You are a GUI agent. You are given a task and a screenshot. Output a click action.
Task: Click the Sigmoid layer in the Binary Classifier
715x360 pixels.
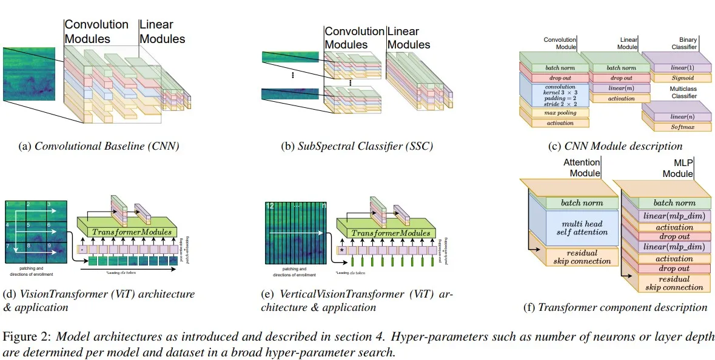(x=674, y=78)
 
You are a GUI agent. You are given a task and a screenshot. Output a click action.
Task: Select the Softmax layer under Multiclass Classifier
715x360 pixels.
(x=676, y=127)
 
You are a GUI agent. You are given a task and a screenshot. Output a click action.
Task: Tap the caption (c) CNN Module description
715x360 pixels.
(x=614, y=146)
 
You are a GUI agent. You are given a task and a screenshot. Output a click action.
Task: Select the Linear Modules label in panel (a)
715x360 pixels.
(x=162, y=32)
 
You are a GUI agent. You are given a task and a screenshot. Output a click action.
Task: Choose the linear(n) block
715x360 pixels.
(x=675, y=116)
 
